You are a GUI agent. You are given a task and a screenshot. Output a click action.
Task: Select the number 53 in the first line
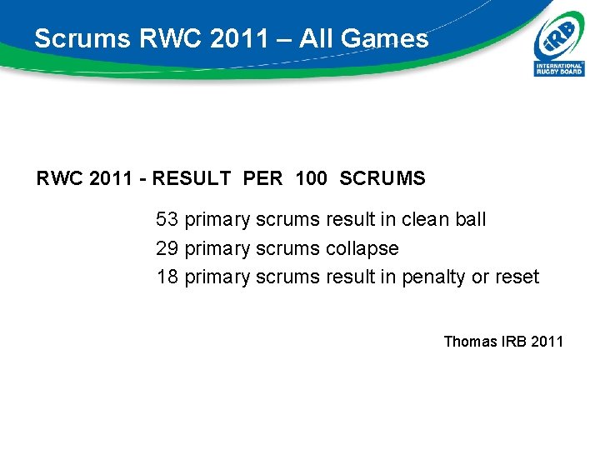coord(167,220)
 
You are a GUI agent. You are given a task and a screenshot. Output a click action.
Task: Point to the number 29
coord(167,248)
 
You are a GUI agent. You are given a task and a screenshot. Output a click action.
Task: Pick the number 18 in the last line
coord(167,277)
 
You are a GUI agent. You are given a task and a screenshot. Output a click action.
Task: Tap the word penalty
coord(434,277)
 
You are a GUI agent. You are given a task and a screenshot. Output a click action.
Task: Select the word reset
coord(517,277)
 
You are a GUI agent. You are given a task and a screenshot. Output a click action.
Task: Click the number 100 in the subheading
coord(311,178)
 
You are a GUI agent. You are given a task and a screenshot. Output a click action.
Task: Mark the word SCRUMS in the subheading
coord(383,178)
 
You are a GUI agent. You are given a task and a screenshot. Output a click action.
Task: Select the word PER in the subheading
coord(263,178)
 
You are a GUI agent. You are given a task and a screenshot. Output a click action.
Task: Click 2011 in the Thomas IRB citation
coord(546,341)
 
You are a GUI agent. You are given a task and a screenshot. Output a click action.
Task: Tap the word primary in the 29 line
coord(217,248)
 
